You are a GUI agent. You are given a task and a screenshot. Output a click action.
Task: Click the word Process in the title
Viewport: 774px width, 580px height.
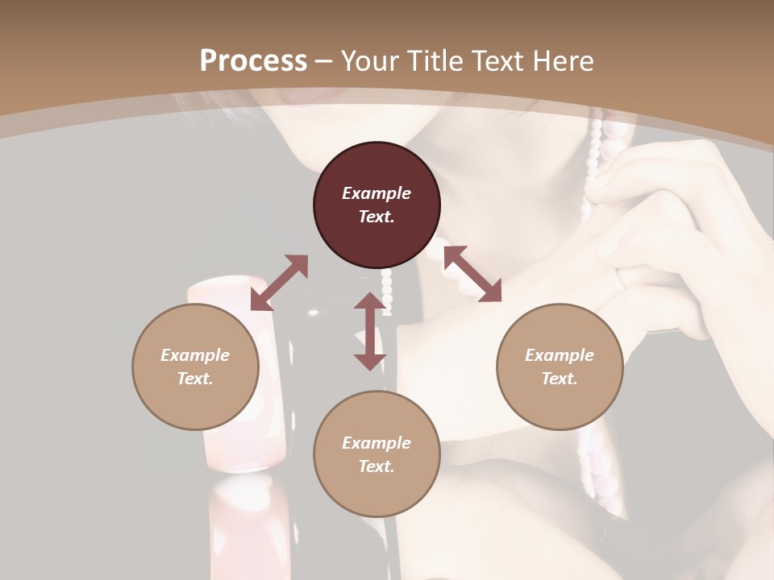pos(253,61)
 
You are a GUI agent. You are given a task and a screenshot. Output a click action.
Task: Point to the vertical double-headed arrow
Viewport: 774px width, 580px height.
pos(369,331)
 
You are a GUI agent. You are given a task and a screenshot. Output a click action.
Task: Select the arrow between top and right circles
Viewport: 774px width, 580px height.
pos(472,274)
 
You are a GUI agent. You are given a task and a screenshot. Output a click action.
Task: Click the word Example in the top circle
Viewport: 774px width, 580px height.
pos(377,193)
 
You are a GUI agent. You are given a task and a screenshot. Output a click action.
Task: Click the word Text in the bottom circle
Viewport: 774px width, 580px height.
pos(377,466)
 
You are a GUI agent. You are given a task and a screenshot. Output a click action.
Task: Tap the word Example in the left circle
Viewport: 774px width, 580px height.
pos(195,355)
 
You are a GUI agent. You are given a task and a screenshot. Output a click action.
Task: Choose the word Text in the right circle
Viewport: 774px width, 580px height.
pos(560,379)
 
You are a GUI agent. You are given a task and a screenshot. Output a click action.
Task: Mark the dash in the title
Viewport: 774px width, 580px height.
pos(324,61)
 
